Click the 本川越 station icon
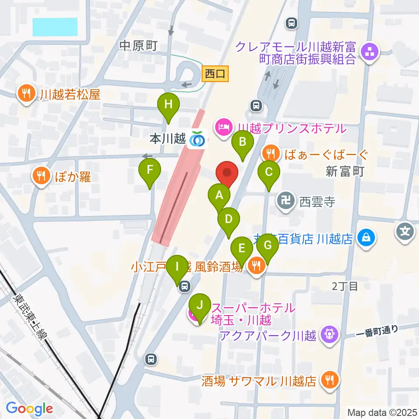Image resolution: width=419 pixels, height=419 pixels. click(198, 139)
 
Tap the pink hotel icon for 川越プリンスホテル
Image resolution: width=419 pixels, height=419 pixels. click(223, 128)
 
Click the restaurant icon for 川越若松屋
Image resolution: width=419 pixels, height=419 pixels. click(26, 93)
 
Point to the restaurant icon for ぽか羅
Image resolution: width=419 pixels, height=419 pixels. click(41, 176)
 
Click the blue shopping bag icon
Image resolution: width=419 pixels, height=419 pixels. click(366, 238)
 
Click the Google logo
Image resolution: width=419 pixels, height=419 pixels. click(29, 409)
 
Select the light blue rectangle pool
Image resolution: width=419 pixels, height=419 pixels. click(55, 27)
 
